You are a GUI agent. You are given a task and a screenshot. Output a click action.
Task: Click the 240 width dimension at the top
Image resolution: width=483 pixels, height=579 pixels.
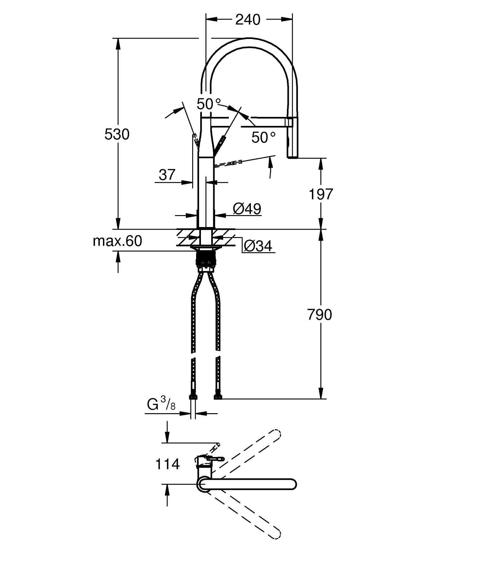(248, 20)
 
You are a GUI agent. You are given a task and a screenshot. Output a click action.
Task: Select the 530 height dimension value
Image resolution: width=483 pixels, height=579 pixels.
(117, 134)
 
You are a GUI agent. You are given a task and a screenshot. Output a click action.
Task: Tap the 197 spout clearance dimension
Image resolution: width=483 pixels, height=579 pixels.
(321, 194)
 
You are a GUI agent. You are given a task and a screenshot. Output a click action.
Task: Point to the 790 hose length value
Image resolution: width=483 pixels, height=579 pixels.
(319, 315)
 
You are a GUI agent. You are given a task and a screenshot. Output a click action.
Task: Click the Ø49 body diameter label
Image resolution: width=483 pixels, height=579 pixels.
(247, 209)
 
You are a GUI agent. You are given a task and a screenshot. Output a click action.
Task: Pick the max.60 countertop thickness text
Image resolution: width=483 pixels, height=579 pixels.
(117, 241)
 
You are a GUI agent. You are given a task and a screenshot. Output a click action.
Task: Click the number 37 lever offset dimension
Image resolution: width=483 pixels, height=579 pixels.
(167, 175)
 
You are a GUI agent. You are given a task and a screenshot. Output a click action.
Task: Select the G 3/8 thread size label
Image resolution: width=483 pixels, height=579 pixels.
(161, 404)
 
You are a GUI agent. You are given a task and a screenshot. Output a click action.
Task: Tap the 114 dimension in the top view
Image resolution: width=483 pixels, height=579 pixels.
(167, 464)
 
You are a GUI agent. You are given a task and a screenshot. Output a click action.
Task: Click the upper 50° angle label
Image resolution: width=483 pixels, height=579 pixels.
(209, 104)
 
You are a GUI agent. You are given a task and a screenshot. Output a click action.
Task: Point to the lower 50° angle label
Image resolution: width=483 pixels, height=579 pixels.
(263, 138)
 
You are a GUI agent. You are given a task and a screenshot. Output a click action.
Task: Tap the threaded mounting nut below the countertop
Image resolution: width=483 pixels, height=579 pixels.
(205, 259)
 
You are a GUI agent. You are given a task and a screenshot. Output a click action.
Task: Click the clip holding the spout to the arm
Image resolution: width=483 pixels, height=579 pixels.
(289, 122)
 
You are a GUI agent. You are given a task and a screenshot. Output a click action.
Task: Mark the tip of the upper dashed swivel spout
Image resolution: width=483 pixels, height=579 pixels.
(277, 434)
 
